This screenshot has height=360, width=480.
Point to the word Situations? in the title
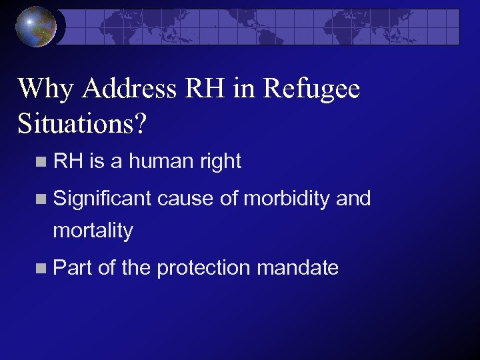tap(79, 122)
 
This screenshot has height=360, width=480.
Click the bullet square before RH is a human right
tap(43, 161)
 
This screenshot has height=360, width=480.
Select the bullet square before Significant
tap(43, 199)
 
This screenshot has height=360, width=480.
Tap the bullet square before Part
tap(43, 269)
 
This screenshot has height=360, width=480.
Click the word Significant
tap(103, 198)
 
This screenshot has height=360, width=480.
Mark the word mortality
tap(93, 231)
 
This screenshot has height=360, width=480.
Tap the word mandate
tap(297, 268)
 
